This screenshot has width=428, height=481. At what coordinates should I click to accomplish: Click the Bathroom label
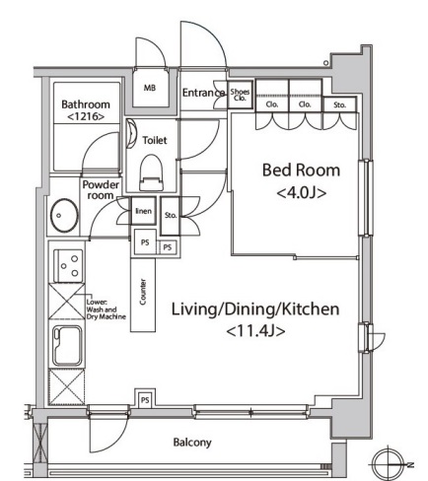tap(86, 104)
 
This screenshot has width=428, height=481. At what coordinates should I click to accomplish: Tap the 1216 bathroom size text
tap(86, 116)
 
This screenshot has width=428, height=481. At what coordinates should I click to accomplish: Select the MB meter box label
tap(150, 88)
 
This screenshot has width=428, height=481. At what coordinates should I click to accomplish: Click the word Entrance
tap(203, 93)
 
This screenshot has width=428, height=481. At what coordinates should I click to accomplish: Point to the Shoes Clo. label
tap(240, 95)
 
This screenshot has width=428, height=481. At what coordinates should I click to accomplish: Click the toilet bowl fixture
tap(151, 172)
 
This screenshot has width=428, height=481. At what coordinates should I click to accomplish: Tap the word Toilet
tap(155, 140)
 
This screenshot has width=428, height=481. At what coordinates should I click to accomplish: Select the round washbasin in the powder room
tap(64, 216)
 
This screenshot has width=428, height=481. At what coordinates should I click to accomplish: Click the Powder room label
tap(101, 190)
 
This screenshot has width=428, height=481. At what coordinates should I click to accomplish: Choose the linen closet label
tap(144, 211)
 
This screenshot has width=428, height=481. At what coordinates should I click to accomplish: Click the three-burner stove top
tap(68, 265)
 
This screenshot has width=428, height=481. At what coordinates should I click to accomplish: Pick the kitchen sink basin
tap(67, 346)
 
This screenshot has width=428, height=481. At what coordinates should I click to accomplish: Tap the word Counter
tap(143, 292)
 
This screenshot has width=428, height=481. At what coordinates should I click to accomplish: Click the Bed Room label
tap(301, 171)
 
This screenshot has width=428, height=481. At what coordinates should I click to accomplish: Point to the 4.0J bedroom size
tap(302, 193)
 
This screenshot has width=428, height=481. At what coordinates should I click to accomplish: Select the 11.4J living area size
tap(255, 331)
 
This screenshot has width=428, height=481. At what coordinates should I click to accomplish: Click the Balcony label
tap(192, 443)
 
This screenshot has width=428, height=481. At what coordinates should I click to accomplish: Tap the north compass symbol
tap(390, 464)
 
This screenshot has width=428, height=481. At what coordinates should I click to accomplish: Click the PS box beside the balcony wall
tap(145, 400)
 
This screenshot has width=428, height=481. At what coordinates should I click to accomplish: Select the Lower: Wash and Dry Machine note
tap(106, 309)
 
